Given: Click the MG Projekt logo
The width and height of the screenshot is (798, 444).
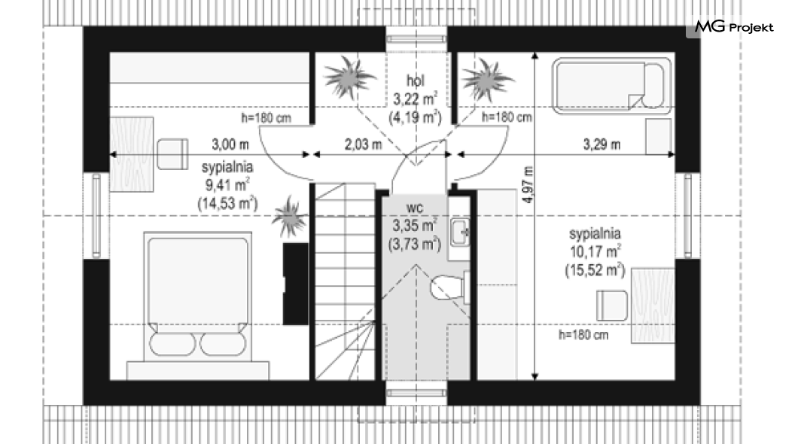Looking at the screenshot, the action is coord(734,26).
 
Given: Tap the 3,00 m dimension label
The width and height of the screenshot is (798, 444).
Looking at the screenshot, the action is coord(230,144).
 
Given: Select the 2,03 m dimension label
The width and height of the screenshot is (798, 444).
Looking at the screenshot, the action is coord(363,144).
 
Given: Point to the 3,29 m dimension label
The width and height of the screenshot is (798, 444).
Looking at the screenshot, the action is coord(602,144).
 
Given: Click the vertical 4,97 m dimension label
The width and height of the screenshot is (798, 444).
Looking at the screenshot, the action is coord(528,185).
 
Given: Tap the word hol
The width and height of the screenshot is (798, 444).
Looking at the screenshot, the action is coord(416,81).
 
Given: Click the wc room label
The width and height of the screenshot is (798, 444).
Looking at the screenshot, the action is coord(414,208).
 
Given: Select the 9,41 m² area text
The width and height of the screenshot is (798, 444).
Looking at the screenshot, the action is coord(227,184).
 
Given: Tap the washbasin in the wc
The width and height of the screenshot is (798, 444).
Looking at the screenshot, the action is coord(460,233).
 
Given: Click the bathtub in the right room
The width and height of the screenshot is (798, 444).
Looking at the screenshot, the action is coord(612,86).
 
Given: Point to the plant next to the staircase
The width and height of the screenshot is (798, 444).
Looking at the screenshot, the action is coord(290,217).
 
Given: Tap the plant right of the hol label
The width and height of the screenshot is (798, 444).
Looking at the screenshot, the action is coord(486,80).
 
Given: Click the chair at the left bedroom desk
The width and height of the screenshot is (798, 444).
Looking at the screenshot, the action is coord(172,154).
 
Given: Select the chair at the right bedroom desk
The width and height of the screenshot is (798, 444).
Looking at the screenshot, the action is coord(612,305).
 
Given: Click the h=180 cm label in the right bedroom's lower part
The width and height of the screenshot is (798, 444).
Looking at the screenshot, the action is coord(583,335).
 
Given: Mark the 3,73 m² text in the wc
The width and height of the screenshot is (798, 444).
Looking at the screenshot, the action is coord(415,245).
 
